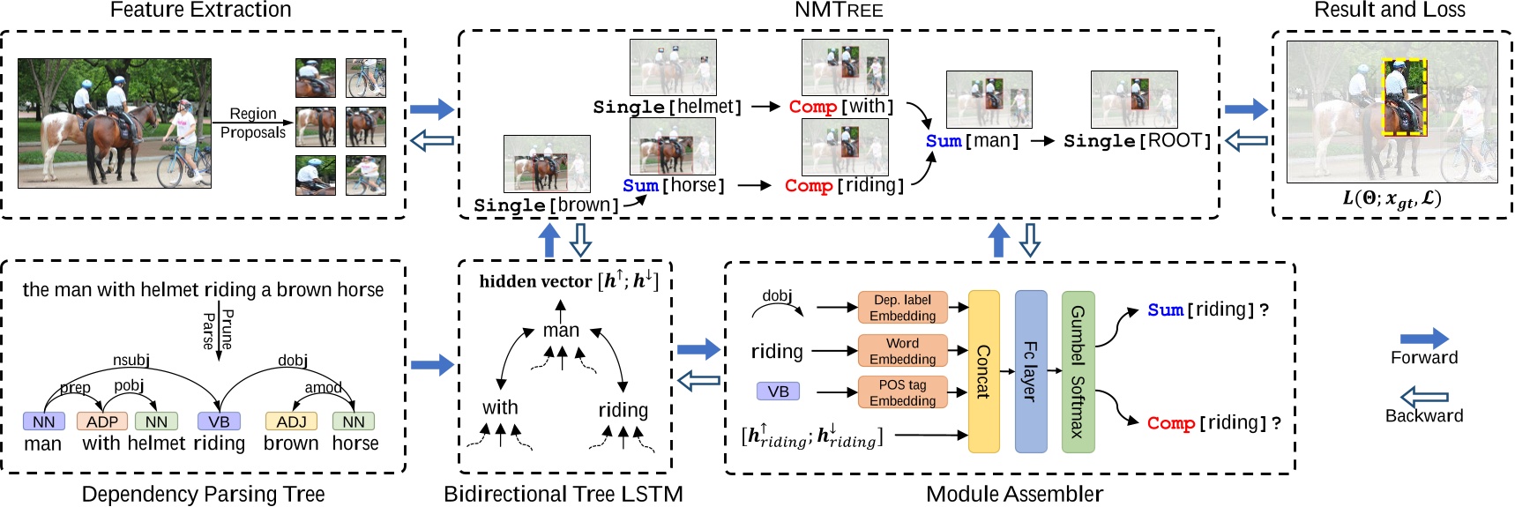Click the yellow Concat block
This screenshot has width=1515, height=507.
coord(983,371)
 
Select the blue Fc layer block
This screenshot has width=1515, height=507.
coord(1030,371)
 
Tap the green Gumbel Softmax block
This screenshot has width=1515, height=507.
coord(1078,371)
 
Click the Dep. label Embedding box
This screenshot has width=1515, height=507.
coord(902,308)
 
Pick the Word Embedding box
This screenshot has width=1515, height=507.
coord(902,351)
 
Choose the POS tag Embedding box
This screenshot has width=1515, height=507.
coord(902,392)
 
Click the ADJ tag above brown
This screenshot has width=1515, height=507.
coord(291,421)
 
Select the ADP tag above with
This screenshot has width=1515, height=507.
coord(102,421)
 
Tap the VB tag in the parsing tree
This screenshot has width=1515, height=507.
coord(219,421)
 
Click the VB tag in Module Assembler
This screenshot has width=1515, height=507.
coord(778,391)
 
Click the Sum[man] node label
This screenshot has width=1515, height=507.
coord(972,141)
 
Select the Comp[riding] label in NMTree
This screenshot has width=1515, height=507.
coord(844,186)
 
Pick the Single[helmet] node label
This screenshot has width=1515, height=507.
coord(667,107)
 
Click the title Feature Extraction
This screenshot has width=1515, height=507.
coord(200,11)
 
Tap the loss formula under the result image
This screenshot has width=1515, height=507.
coord(1392,198)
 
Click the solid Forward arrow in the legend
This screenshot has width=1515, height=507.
coord(1423,338)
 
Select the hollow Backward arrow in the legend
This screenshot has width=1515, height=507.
coord(1423,397)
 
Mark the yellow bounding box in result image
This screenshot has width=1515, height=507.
coord(1404,97)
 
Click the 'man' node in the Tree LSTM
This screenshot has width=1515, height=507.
coord(561,331)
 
